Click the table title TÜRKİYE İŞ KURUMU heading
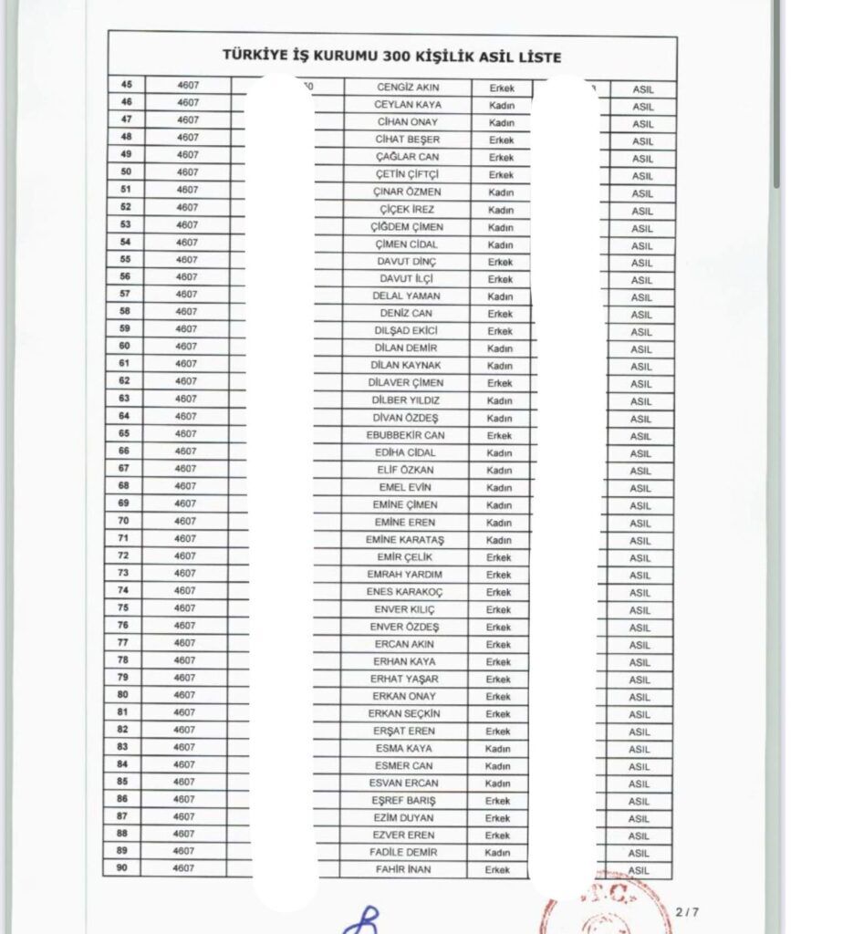(391, 57)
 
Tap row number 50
(125, 171)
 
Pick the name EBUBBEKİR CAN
(406, 435)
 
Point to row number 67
(125, 468)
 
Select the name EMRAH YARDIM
(406, 575)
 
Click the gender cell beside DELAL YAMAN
(500, 296)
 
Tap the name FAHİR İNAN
(403, 869)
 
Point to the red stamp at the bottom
(584, 912)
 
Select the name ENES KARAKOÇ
(406, 592)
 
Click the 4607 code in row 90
(187, 868)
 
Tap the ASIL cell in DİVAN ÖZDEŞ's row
(640, 419)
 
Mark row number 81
(125, 711)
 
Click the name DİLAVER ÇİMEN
(406, 383)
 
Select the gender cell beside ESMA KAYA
(498, 748)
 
